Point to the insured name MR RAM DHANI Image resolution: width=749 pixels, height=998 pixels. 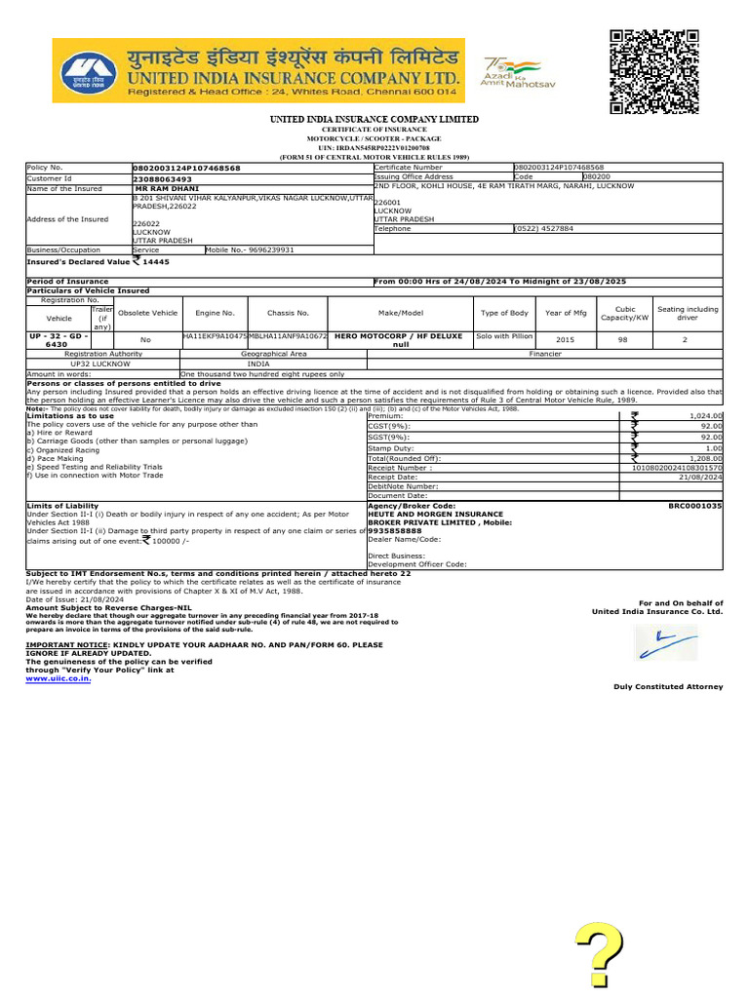167,188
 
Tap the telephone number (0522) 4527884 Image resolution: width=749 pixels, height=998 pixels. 544,228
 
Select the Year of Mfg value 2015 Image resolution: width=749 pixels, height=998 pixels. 565,339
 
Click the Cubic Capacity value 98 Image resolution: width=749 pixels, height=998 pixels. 622,339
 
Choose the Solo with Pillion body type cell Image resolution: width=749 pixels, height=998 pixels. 504,335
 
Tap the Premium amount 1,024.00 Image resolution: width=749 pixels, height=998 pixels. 703,415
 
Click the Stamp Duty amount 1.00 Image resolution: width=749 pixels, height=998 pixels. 714,447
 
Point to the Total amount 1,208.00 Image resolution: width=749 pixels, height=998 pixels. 703,458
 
